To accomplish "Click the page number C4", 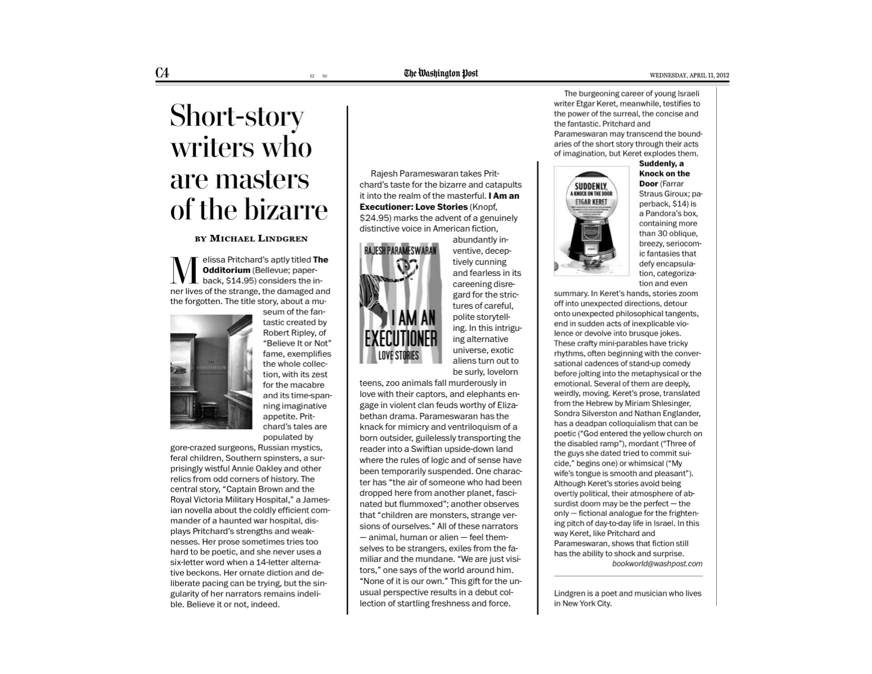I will (162, 73).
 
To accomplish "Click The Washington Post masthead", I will (440, 73).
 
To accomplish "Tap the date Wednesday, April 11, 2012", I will (689, 75).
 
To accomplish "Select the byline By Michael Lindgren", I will (251, 238).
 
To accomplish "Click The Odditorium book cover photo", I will (211, 372).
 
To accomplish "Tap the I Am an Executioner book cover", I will (400, 303).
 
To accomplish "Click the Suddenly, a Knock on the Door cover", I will (592, 220).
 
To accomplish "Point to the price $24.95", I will (376, 218).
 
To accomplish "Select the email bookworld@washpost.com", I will (657, 564).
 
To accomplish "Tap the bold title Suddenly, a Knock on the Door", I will (664, 173).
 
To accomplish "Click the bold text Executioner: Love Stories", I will (414, 207).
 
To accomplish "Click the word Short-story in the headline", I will (237, 116).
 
